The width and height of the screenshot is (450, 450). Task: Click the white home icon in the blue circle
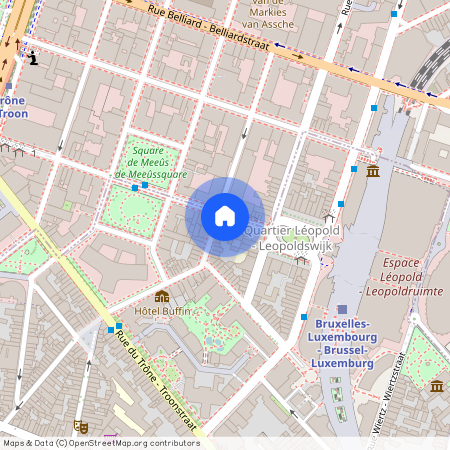225,215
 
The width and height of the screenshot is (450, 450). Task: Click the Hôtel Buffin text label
162,311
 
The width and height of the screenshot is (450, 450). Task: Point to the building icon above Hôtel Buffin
162,296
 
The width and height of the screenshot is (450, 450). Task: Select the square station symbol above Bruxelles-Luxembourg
343,310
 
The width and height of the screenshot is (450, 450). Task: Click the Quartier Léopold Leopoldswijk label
293,237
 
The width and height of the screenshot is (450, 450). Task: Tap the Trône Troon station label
12,107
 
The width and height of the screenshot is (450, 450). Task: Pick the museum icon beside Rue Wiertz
437,385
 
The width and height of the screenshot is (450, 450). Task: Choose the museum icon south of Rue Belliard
373,171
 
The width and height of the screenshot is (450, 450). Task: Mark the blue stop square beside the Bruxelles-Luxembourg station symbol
304,317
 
